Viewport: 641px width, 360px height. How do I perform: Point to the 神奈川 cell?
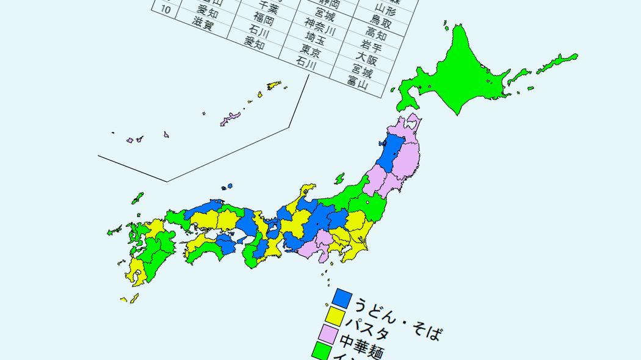tap(320, 26)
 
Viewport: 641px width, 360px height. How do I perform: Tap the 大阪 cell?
tap(368, 59)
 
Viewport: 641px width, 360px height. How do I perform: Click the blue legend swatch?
tap(342, 298)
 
